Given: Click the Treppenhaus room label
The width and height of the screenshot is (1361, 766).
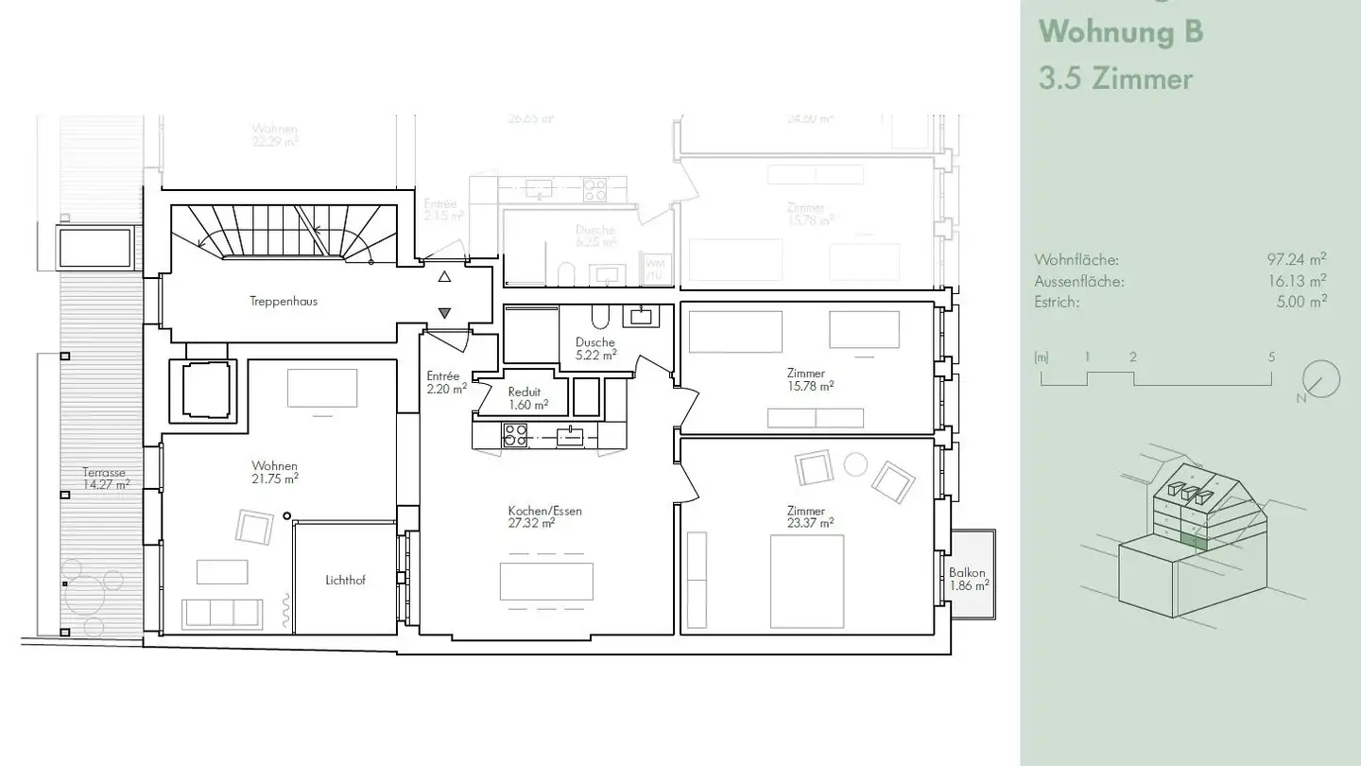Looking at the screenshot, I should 284,302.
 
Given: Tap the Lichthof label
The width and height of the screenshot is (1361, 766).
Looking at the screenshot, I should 344,581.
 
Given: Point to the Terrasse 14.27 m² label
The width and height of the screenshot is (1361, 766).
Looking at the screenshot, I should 105,479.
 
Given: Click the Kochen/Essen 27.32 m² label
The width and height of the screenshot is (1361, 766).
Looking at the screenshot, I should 544,516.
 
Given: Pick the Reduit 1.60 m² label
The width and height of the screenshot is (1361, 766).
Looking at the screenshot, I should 528,398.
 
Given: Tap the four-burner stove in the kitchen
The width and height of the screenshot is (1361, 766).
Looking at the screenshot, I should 515,435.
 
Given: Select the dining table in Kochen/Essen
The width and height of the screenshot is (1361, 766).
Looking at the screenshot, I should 546,582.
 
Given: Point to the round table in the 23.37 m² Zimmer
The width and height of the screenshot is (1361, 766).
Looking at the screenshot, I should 855,464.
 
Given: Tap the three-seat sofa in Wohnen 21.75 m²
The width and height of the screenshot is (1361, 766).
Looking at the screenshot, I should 222,614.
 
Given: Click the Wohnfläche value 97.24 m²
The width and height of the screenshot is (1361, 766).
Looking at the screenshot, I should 1296,259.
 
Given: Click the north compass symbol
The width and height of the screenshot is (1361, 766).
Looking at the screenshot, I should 1319,380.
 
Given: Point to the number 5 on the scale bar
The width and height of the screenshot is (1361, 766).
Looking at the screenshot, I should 1271,357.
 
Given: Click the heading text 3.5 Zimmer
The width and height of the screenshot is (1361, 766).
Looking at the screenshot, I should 1115,78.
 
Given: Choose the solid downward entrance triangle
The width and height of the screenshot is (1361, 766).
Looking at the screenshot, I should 445,313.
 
